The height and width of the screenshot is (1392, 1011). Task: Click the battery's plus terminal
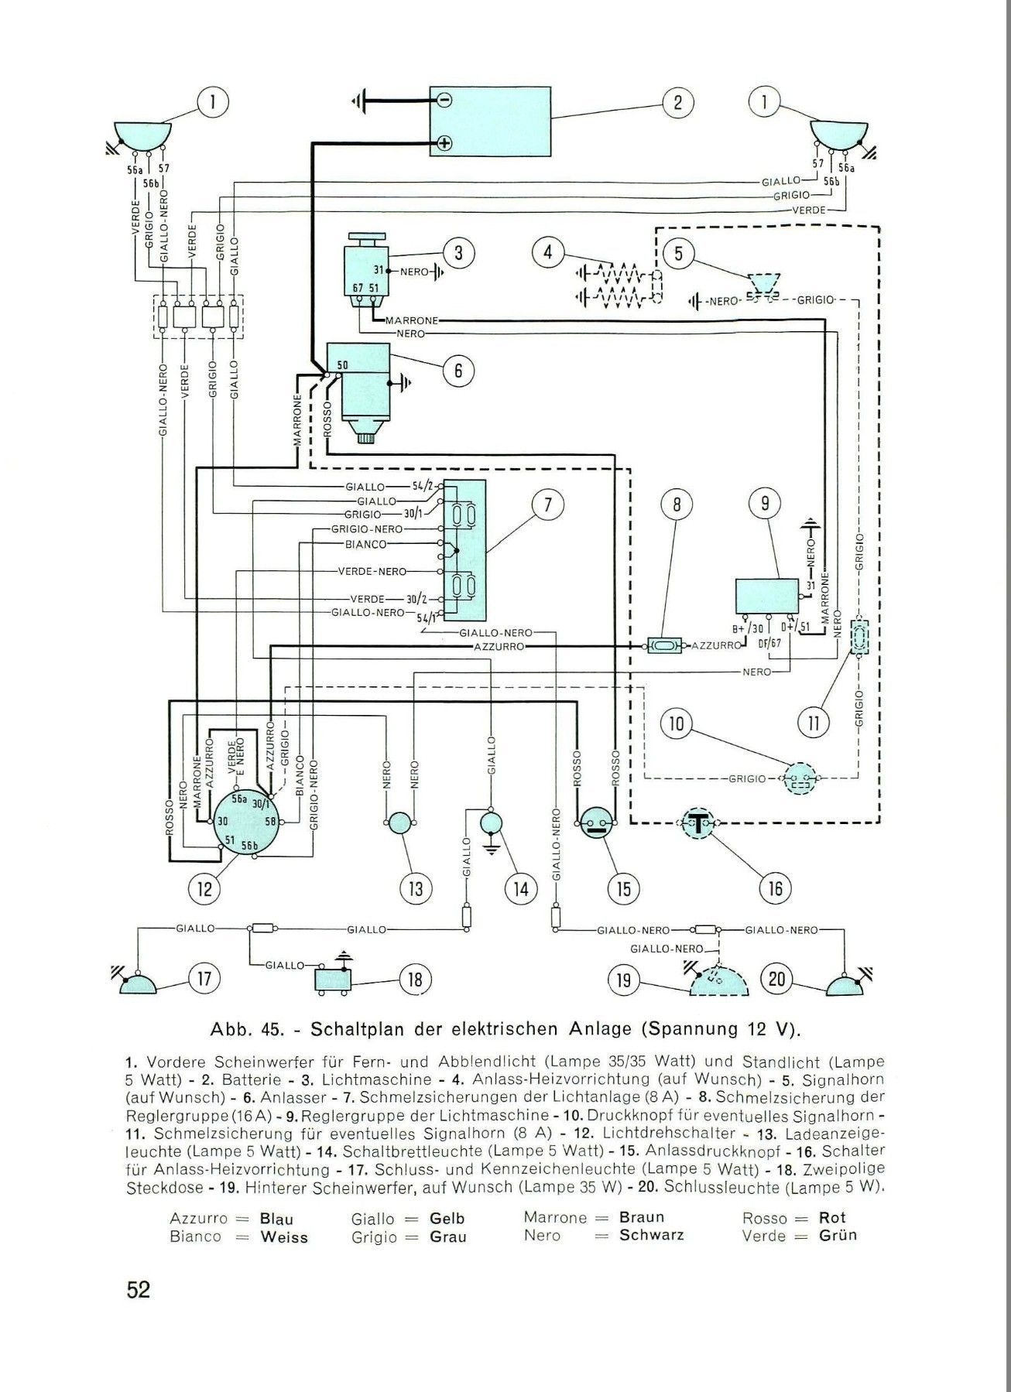(x=444, y=143)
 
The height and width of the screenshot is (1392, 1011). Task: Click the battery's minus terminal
(x=444, y=100)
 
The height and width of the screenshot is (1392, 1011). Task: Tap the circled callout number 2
(x=677, y=103)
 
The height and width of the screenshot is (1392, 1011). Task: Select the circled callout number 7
(x=547, y=505)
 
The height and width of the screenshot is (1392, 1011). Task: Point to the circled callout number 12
(x=204, y=889)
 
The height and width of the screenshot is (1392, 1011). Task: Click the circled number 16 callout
(x=775, y=889)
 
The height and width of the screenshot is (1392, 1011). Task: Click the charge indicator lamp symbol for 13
(x=400, y=823)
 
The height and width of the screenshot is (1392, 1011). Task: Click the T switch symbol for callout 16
(x=698, y=823)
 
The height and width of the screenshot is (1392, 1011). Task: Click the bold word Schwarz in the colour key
(x=651, y=1235)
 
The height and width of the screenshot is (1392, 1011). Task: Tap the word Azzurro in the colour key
(x=199, y=1218)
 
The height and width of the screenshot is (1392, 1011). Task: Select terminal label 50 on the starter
(x=342, y=365)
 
